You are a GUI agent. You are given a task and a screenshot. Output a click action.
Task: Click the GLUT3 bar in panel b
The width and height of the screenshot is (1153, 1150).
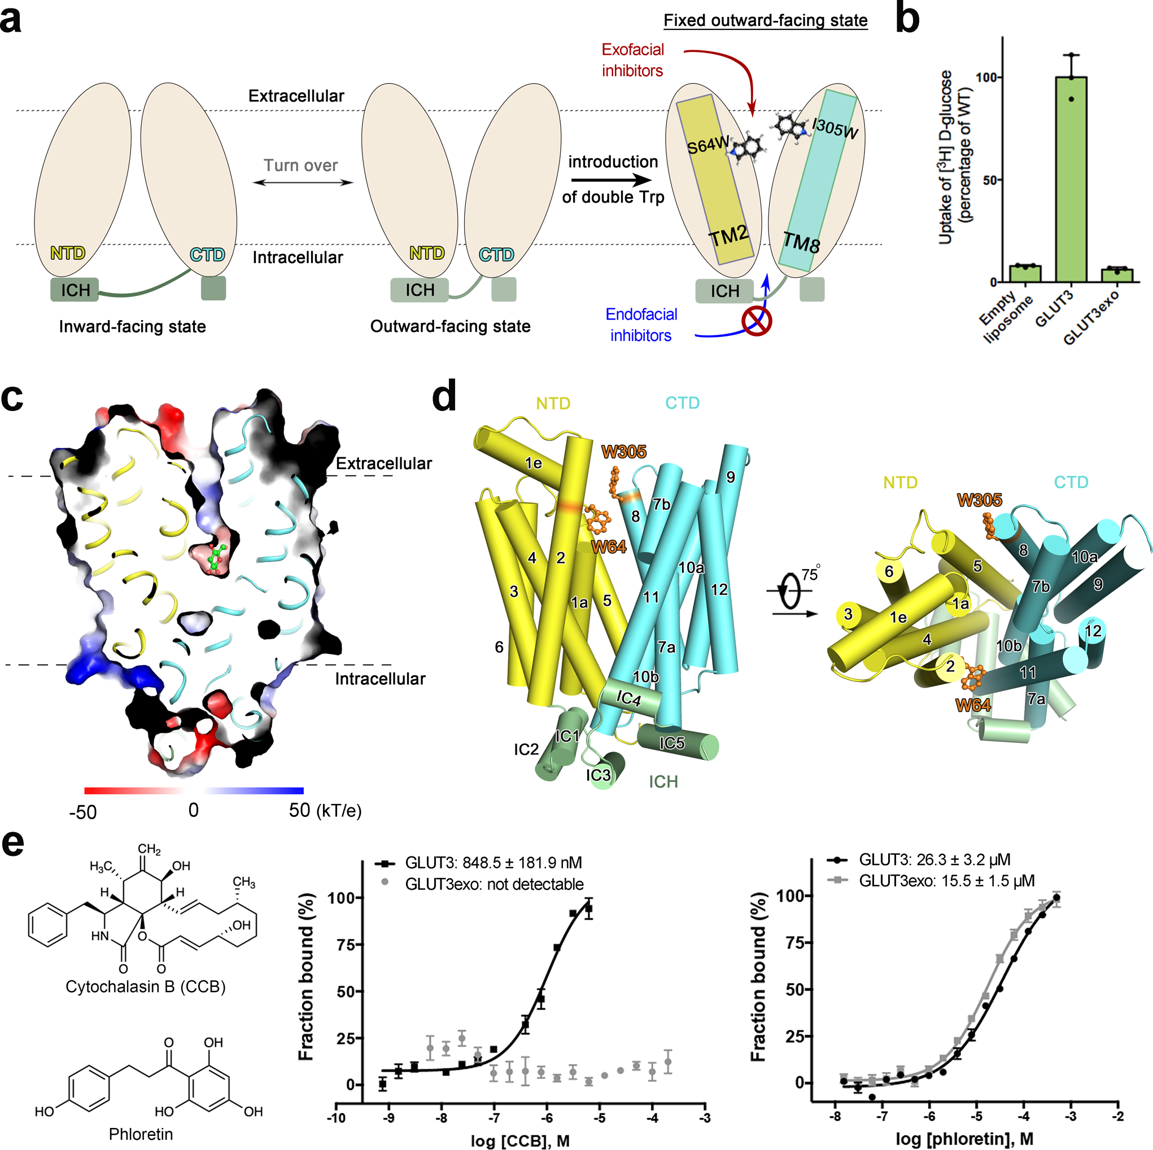(1071, 179)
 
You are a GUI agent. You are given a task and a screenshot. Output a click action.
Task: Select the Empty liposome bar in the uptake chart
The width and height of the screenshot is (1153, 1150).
(1025, 273)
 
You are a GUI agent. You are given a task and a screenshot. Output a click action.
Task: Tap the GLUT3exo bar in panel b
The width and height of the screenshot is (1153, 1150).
(1117, 275)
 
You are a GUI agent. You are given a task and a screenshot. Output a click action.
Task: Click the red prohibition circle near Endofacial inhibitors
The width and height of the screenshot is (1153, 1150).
(757, 321)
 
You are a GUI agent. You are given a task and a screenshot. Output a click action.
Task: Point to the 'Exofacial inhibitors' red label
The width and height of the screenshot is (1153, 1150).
(632, 60)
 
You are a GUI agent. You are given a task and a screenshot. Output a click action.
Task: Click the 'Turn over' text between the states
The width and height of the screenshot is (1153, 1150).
(301, 165)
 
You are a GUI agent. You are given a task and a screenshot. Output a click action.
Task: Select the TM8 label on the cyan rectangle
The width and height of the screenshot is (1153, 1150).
(801, 243)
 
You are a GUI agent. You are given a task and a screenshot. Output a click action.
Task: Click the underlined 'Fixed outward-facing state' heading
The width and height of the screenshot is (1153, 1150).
(766, 21)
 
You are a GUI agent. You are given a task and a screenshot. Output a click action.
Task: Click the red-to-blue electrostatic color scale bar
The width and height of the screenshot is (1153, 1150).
(194, 791)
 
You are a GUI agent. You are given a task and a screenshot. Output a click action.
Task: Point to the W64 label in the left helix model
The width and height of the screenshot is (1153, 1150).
(609, 546)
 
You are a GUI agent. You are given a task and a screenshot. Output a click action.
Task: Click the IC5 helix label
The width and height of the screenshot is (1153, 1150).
(671, 743)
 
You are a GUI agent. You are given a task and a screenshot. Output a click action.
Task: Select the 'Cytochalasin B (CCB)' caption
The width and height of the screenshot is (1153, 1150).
(146, 986)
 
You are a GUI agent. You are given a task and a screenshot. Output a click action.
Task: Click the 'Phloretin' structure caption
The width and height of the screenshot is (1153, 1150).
(141, 1134)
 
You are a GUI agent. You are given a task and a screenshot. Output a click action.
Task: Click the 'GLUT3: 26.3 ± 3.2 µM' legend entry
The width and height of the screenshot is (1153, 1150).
(934, 860)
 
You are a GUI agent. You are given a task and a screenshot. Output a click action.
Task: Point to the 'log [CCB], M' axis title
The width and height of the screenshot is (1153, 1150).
(520, 1140)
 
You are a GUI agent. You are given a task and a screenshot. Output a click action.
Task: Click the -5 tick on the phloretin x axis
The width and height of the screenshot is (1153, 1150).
(976, 1117)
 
